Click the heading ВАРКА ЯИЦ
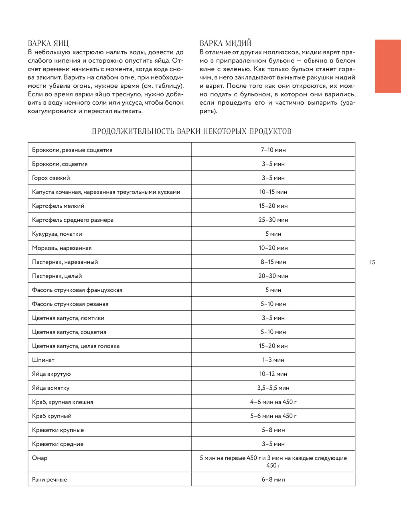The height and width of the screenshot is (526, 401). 48,43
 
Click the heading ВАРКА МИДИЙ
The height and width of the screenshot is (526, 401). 225,43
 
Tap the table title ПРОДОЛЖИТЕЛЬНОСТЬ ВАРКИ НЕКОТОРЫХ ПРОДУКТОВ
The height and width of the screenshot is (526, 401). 191,131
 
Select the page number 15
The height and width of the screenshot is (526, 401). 372,262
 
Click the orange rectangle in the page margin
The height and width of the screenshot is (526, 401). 388,66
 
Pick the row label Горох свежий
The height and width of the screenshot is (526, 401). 51,178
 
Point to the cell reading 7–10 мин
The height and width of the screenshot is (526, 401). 273,150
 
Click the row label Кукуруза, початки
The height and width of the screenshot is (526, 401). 57,234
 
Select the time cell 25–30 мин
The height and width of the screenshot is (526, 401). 273,220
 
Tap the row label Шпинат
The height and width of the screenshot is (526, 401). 43,360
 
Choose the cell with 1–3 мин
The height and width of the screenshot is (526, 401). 273,360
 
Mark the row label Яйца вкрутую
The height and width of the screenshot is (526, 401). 51,374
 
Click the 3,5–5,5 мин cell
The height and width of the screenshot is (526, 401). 273,388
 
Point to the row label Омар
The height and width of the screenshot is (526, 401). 40,458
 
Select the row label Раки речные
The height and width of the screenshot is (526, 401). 49,479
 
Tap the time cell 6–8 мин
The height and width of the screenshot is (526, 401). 273,479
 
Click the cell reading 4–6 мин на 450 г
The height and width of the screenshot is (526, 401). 273,402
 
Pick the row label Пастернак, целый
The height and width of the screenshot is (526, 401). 57,276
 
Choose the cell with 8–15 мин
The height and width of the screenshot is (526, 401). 273,262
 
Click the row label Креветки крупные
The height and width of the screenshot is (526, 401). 58,430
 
